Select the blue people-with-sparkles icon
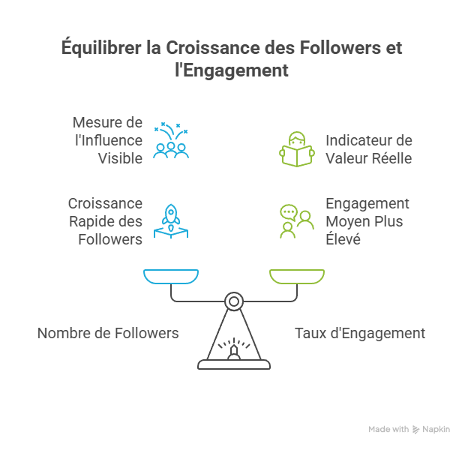171,140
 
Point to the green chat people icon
295,220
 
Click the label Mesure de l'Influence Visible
107,140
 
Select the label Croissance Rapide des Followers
105,221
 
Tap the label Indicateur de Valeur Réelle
368,148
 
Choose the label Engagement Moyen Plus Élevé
367,221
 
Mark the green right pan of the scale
297,278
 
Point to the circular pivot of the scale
234,301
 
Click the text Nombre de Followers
108,332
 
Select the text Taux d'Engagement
360,332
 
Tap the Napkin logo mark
416,430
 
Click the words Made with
388,430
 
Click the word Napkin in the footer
436,430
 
